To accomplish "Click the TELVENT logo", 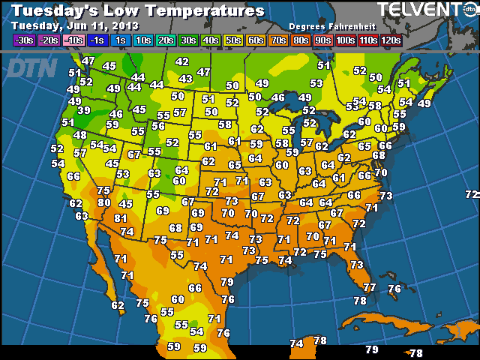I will coord(420,10).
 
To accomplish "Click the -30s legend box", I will coord(24,40).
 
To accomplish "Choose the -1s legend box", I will coord(97,40).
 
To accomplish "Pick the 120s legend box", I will coord(390,40).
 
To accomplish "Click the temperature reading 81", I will coord(120,218).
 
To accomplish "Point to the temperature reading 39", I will coord(84,110).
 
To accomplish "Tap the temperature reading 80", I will coord(104,202).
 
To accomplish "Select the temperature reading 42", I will coord(181,61).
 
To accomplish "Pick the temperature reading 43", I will coord(186,79).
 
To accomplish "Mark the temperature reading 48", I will coord(80,135).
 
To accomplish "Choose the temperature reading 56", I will coord(158,125).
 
